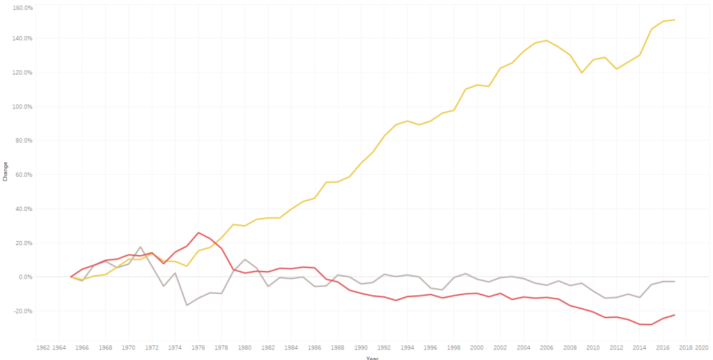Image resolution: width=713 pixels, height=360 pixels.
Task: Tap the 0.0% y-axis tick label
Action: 25,277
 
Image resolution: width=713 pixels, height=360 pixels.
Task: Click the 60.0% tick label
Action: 24,175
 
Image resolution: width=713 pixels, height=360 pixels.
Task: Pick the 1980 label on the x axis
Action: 244,347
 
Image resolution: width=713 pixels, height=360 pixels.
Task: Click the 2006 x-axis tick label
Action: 547,347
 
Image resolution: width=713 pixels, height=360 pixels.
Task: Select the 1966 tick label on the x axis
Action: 82,347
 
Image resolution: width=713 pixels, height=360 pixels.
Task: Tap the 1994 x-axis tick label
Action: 407,347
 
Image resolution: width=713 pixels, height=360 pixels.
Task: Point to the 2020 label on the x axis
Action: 701,347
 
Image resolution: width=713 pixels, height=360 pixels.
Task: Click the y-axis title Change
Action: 5,174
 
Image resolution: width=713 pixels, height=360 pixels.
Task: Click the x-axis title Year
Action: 373,358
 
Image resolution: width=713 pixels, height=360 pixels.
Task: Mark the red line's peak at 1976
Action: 198,233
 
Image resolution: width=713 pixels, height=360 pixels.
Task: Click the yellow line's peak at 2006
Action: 547,40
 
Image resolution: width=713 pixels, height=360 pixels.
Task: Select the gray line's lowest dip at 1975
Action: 187,305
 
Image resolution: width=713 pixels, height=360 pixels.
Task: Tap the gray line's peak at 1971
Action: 141,246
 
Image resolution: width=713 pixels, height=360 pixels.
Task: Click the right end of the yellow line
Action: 675,19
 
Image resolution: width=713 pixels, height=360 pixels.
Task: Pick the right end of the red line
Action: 675,315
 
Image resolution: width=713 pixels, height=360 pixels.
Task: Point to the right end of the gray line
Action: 675,281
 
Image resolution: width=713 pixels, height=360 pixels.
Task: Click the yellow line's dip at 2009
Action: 581,72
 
